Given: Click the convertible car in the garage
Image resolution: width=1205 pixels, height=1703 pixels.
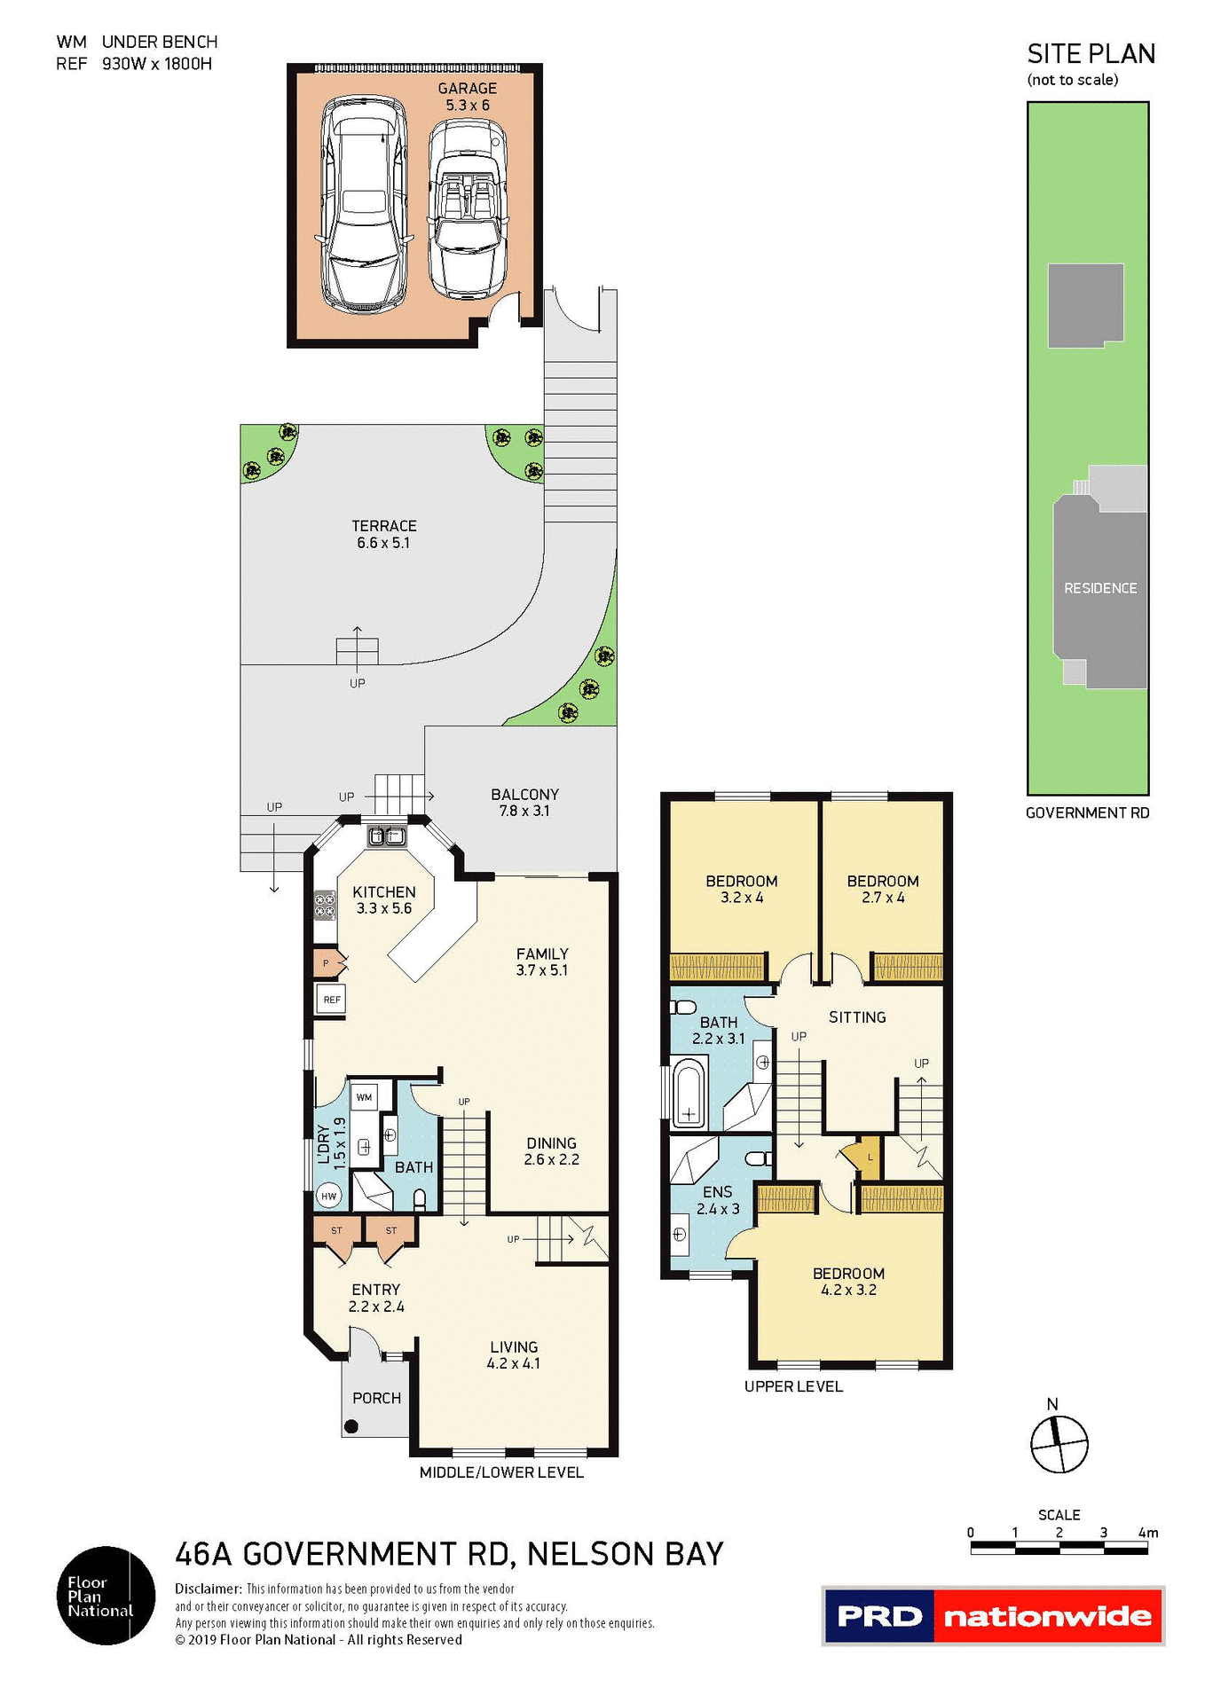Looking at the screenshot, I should pos(468,209).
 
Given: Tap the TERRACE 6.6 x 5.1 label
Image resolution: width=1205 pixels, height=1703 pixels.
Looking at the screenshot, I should pos(383,534).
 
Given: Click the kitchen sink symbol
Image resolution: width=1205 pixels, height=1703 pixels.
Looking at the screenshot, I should pos(387,836).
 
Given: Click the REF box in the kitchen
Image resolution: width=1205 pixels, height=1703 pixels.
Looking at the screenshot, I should pos(332,1000).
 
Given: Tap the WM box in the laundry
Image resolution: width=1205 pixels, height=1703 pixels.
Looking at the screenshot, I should pos(364,1097).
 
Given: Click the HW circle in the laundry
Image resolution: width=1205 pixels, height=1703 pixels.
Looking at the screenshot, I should pos(329,1196).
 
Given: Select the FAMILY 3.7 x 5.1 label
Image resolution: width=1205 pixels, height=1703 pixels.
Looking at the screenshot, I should pos(541,961).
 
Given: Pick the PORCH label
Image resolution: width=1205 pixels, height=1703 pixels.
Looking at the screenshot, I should pos(376,1398).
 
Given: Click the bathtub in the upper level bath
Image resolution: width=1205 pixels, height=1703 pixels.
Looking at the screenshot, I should pos(689,1094).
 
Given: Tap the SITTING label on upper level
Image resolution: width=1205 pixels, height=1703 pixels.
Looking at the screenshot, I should pos(856,1017).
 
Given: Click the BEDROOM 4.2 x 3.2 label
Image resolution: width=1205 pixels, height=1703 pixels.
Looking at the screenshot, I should pos(847,1282).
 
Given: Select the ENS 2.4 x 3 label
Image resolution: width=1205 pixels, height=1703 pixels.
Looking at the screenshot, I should pos(717,1200).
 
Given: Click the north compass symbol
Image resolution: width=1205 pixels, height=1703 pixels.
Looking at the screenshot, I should pos(1059,1444).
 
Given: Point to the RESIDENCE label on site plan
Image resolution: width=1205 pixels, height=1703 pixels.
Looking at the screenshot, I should pos(1099,588).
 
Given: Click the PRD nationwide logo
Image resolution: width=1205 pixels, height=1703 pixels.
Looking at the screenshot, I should pos(992,1616).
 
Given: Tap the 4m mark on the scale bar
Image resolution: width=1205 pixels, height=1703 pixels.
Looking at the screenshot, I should pos(1148,1534).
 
